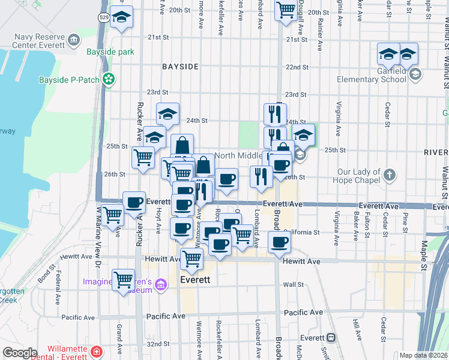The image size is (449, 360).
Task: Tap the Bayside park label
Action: [x=110, y=52]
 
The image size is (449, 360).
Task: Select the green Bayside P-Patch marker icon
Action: [x=109, y=79]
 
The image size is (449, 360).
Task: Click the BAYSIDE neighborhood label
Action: [x=180, y=67]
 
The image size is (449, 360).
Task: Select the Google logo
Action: [x=20, y=353]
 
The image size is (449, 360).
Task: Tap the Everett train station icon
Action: [x=331, y=338]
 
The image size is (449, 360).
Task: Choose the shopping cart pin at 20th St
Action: [x=286, y=10]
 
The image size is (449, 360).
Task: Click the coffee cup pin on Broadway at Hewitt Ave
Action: [x=279, y=243]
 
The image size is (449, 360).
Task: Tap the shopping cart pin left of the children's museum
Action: [x=123, y=278]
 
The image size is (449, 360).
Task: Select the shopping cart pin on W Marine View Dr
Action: [x=112, y=215]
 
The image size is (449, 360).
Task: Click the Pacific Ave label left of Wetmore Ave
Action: [x=166, y=316]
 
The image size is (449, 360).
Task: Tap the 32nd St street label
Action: [x=158, y=344]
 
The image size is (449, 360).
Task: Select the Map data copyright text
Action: [x=424, y=355]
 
